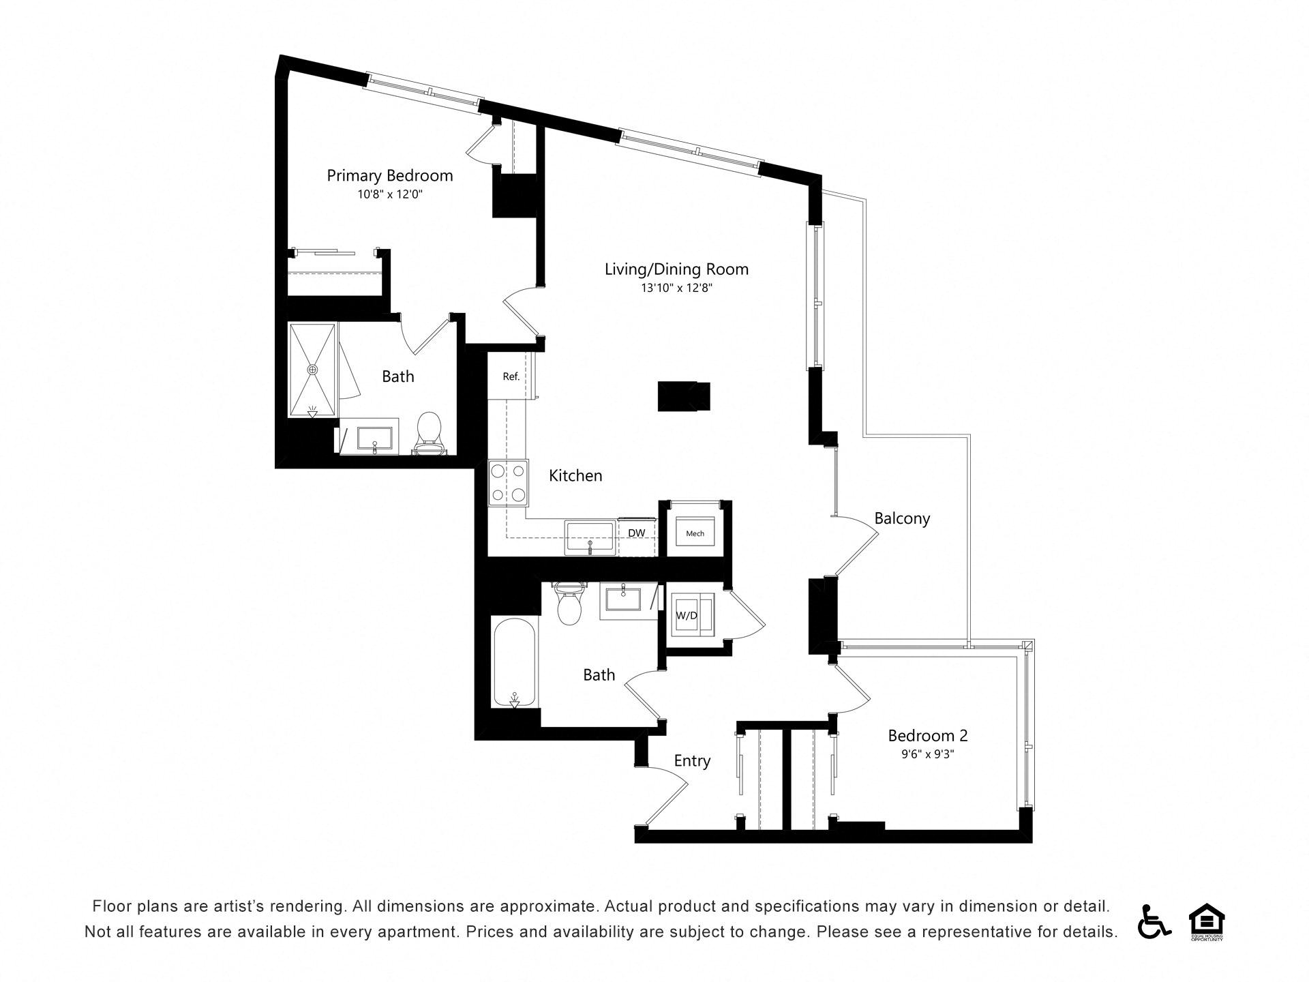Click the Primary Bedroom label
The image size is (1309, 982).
point(389,176)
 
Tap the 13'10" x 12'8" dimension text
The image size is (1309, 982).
point(676,288)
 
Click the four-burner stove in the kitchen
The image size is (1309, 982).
point(509,483)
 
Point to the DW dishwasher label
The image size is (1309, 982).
point(637,533)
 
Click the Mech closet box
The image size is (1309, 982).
point(695,533)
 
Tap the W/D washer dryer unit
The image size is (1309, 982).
point(693,615)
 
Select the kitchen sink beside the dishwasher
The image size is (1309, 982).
point(590,537)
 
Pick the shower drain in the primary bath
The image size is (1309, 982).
point(313,369)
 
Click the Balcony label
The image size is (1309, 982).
point(902,518)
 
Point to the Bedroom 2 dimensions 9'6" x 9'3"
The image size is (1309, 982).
point(927,754)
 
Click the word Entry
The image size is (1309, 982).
point(692,761)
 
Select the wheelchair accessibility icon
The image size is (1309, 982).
point(1154,921)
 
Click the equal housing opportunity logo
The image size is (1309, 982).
point(1207,922)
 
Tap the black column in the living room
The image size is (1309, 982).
point(684,396)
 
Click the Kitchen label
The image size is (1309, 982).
point(575,475)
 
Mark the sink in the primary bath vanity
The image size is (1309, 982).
point(374,440)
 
